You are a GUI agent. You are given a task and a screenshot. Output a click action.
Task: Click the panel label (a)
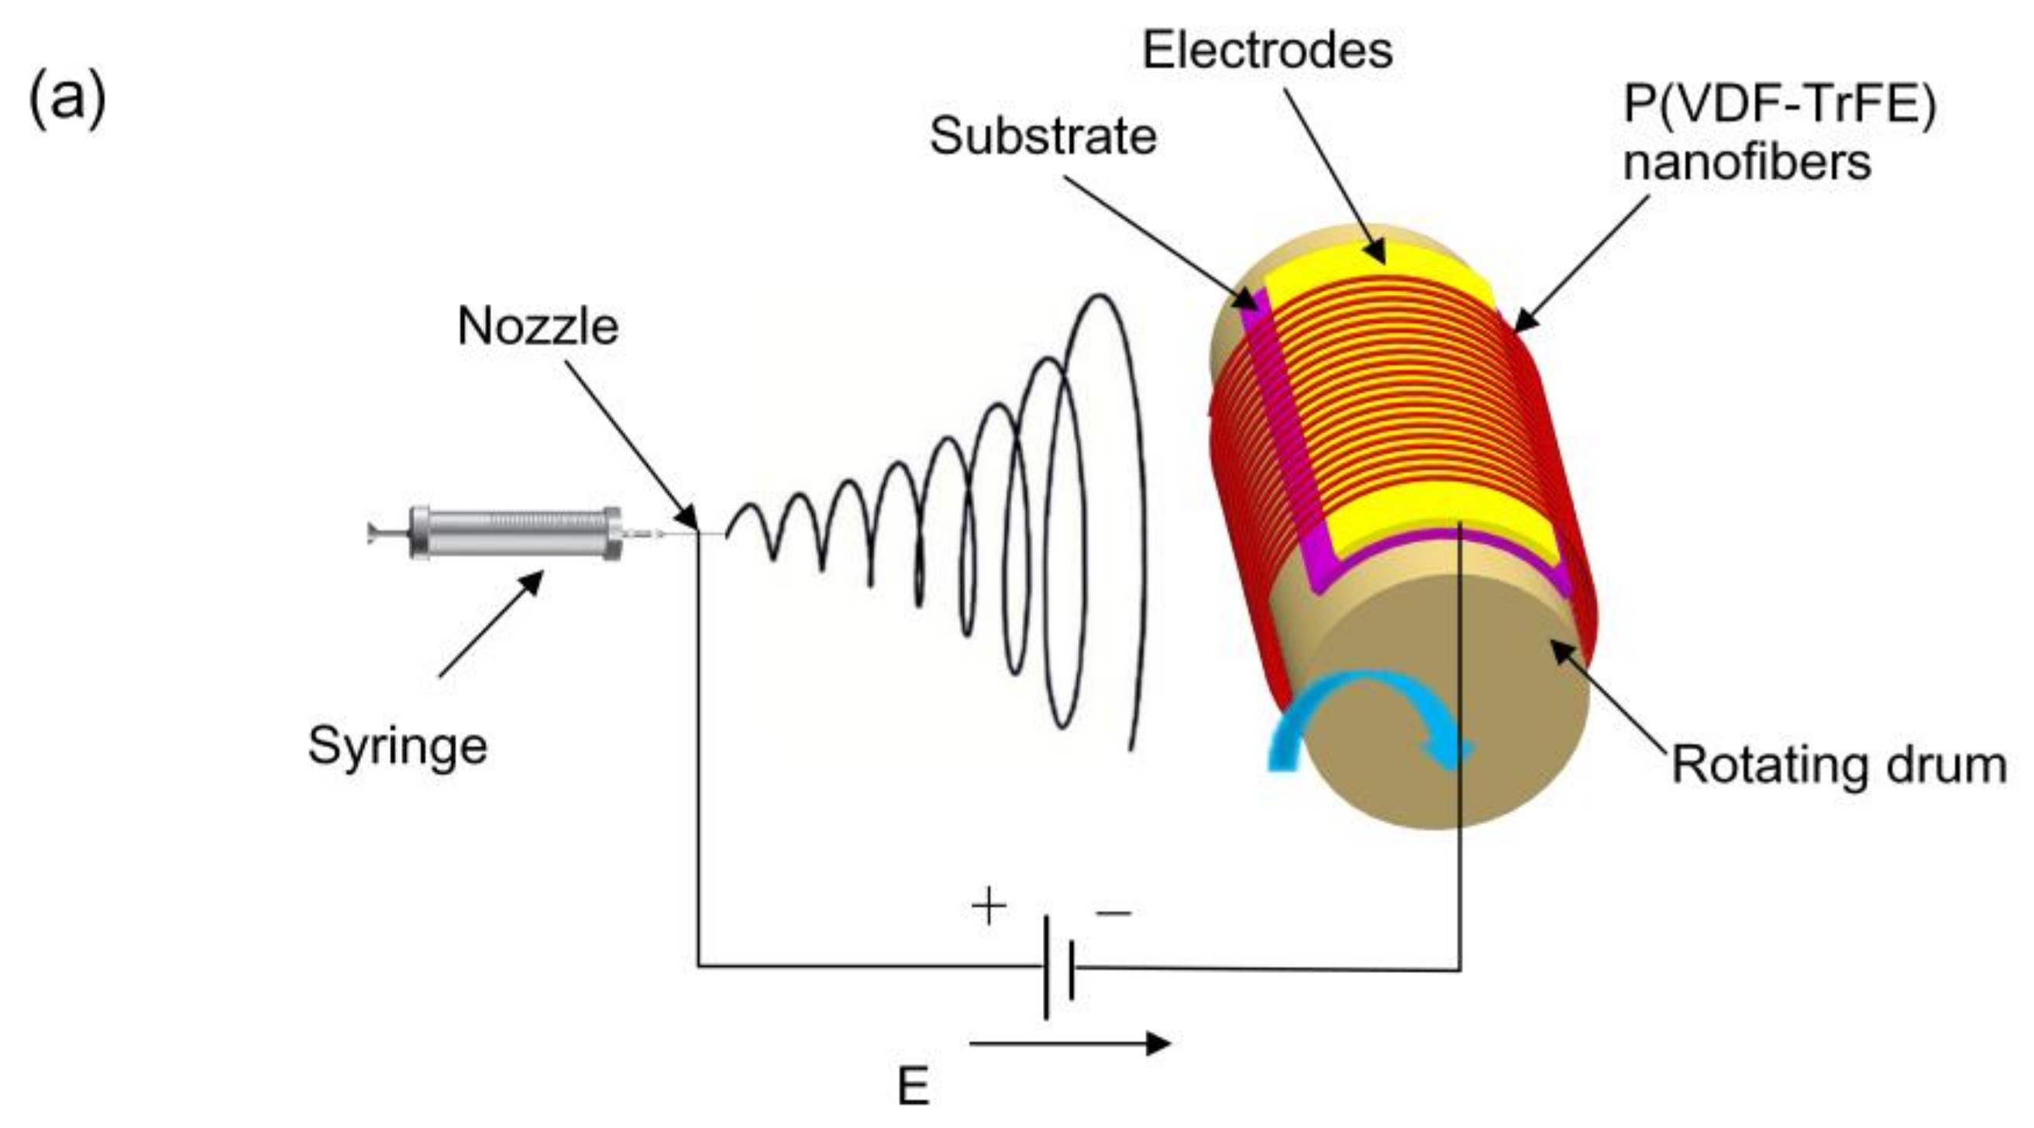pyautogui.click(x=67, y=99)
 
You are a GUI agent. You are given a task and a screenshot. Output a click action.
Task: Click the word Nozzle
pyautogui.click(x=538, y=326)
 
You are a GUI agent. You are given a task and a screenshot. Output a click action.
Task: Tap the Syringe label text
pyautogui.click(x=398, y=746)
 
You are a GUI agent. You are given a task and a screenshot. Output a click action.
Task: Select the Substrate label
pyautogui.click(x=1042, y=136)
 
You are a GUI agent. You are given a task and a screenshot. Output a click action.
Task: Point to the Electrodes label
pyautogui.click(x=1268, y=50)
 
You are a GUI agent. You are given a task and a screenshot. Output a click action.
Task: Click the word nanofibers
pyautogui.click(x=1747, y=163)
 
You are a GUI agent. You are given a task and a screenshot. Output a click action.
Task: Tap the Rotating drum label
pyautogui.click(x=1839, y=765)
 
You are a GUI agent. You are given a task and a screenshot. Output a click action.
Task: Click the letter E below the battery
pyautogui.click(x=914, y=1087)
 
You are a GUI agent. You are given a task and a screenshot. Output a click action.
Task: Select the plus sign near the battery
pyautogui.click(x=989, y=906)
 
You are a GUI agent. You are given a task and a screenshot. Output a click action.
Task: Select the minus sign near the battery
pyautogui.click(x=1113, y=913)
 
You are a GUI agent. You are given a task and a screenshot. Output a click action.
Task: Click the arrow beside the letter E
pyautogui.click(x=1069, y=1044)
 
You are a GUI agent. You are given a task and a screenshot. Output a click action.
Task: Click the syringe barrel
pyautogui.click(x=513, y=533)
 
